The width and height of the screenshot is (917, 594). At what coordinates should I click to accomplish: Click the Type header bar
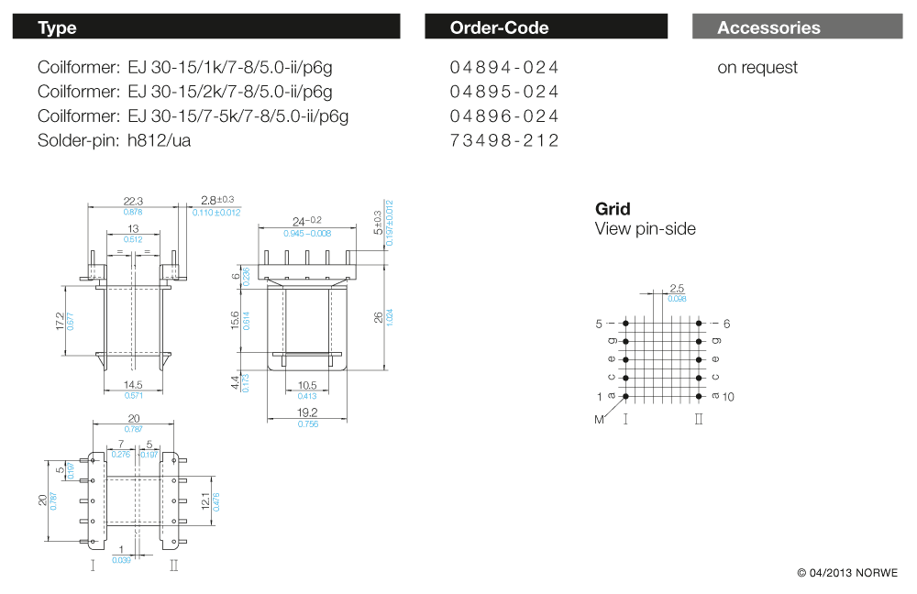click(205, 27)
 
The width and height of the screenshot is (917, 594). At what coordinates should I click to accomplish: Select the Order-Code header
click(546, 27)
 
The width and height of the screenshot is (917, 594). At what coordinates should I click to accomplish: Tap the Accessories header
click(796, 27)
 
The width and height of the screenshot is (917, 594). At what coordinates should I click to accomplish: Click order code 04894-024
click(504, 68)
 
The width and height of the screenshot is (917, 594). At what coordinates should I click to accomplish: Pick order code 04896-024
click(504, 116)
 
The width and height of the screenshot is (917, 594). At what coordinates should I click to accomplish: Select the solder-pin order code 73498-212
click(504, 140)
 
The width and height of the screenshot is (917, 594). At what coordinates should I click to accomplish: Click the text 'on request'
click(757, 68)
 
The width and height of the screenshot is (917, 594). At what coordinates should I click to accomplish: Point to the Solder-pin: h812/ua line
click(115, 140)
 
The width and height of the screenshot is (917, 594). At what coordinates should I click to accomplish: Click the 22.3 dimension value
click(134, 201)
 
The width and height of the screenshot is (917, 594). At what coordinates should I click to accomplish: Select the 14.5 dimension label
click(134, 385)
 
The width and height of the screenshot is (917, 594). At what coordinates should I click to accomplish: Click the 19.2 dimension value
click(307, 412)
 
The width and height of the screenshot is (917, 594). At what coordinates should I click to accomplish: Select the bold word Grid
click(613, 209)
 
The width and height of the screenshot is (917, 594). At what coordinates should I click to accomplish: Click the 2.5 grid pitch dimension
click(677, 289)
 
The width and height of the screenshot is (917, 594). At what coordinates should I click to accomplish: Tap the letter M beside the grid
click(600, 419)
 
